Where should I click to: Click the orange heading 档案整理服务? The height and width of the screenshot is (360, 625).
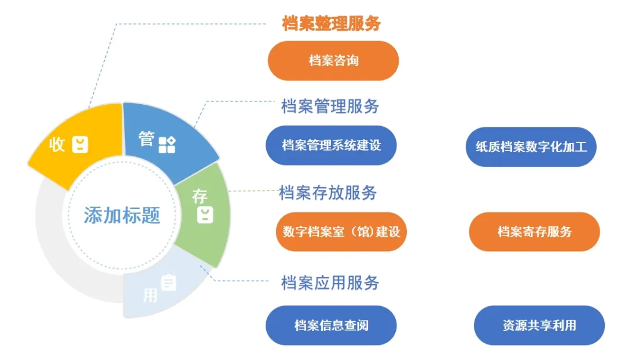[x=331, y=24]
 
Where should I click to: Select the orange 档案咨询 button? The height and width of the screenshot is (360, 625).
[x=333, y=61]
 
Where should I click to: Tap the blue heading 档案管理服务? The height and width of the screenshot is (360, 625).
[x=330, y=106]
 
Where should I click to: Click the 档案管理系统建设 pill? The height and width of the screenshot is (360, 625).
[x=331, y=145]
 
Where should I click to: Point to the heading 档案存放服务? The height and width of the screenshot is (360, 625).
[x=328, y=192]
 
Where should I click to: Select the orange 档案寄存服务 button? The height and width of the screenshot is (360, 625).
[x=534, y=232]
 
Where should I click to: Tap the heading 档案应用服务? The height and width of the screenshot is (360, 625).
[x=330, y=282]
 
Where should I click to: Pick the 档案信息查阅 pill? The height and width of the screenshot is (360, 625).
[x=331, y=325]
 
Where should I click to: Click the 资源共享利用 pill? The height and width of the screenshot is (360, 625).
[x=539, y=325]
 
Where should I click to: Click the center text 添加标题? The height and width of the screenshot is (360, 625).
[x=122, y=215]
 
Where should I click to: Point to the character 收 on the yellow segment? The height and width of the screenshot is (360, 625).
[x=57, y=145]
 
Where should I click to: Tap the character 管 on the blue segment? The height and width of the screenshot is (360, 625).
[x=147, y=139]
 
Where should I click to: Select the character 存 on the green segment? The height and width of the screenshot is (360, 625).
[x=200, y=196]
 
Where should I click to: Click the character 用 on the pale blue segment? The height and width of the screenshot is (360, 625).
[x=150, y=295]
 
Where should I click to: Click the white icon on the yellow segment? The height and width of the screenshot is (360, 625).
[x=80, y=145]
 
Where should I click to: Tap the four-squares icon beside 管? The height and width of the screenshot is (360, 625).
[x=167, y=145]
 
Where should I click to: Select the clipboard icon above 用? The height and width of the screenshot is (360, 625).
[x=169, y=282]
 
